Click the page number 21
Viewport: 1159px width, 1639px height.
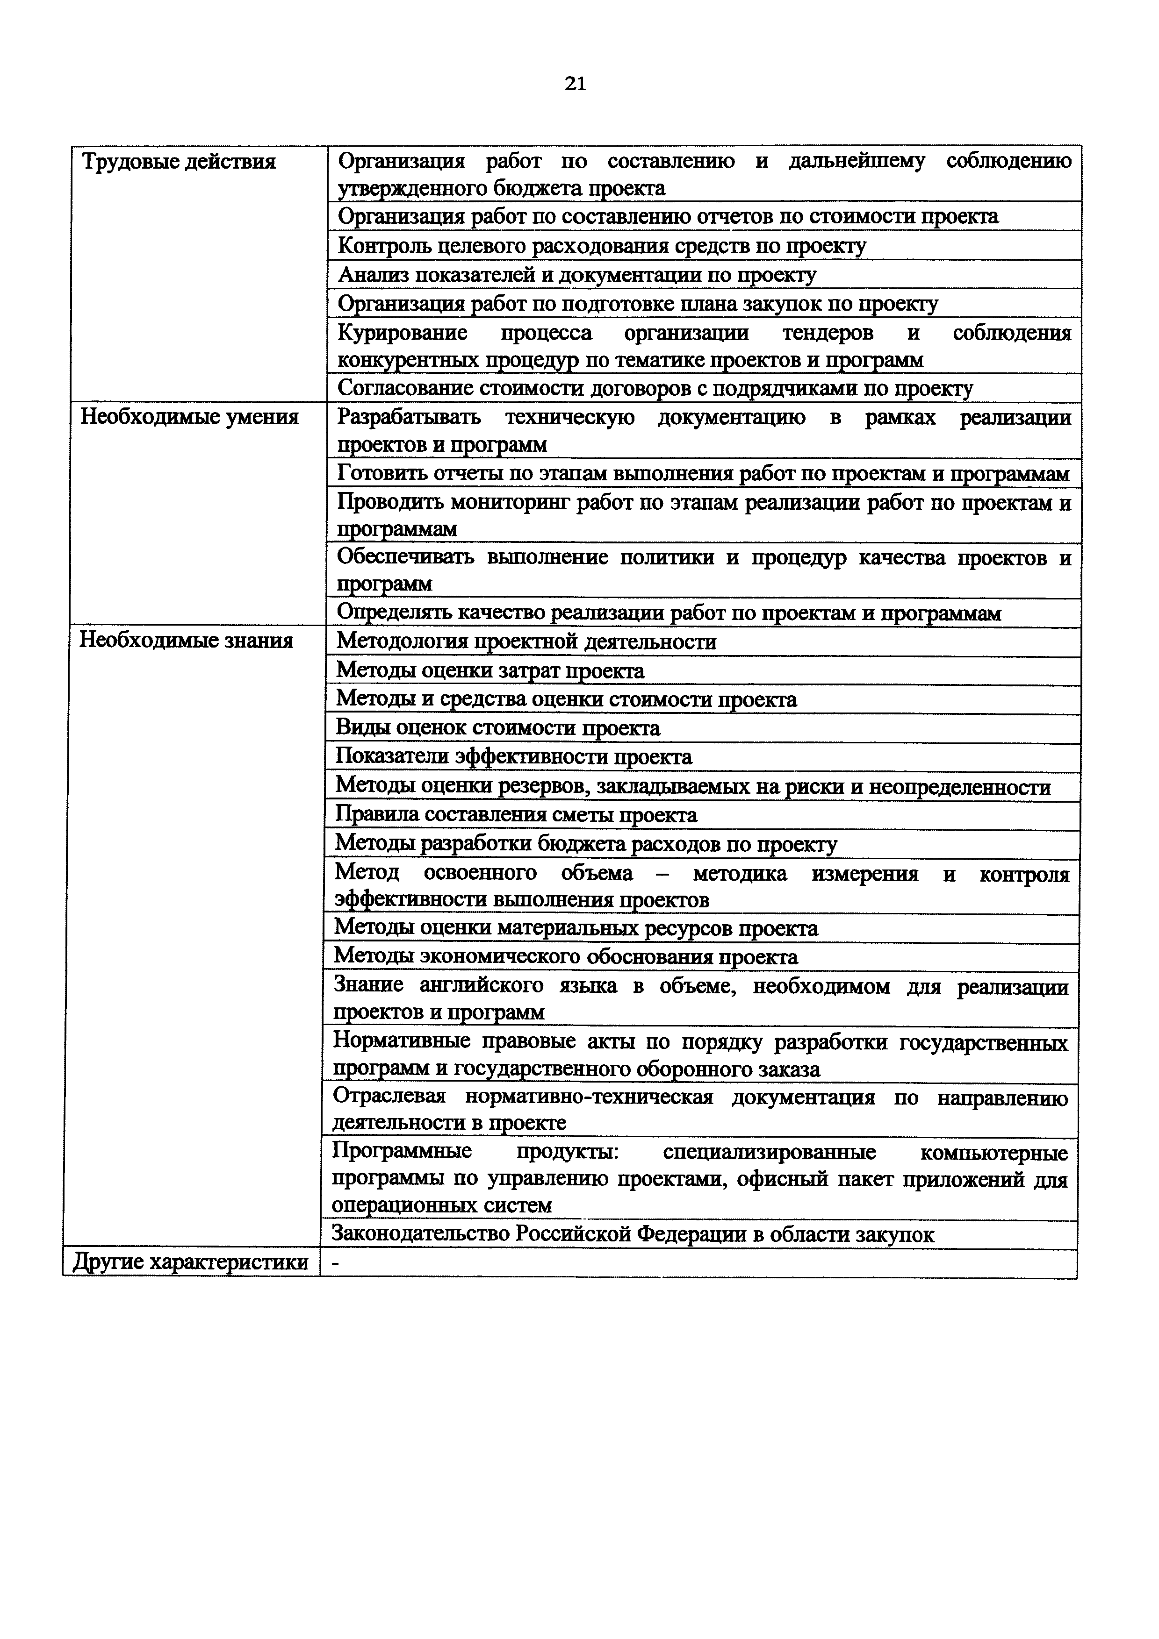click(575, 84)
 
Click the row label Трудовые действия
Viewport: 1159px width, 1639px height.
click(179, 162)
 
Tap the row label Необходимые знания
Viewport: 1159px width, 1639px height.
click(186, 641)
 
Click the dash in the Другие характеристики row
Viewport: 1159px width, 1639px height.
click(336, 1263)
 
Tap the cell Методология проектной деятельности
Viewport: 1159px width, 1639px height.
click(526, 642)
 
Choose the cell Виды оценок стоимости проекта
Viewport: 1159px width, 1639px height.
click(498, 728)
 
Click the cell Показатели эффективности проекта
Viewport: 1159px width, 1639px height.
click(513, 757)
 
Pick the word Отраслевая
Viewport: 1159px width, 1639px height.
click(389, 1097)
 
